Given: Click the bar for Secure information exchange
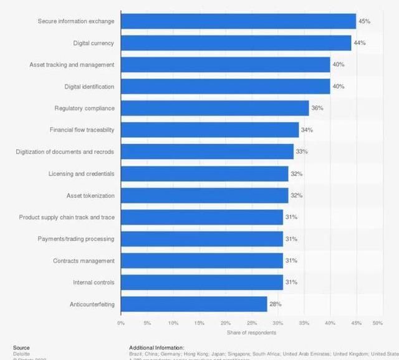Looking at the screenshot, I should coord(238,21).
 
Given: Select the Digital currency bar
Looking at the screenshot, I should coord(236,43).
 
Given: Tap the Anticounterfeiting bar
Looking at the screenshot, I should coord(194,304).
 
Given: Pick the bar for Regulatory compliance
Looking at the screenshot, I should coord(214,108).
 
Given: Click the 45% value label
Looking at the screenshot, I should coord(364,21).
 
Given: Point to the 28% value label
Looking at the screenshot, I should coord(275,304).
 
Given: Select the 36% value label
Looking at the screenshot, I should coord(317,108).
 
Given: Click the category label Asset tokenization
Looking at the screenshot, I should coord(90,195).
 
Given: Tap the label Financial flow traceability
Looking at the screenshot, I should coord(82,130).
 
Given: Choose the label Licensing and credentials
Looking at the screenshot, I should coord(81,173).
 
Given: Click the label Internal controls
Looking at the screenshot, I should coord(94,283).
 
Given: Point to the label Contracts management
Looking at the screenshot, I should coord(84,261).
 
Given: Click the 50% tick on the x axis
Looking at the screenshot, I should coord(378,323).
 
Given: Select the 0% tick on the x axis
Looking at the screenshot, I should coord(121,323).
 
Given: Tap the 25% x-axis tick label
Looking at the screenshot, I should coord(249,323).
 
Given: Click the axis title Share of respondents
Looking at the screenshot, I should coord(249,333).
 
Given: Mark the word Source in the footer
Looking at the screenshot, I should coord(21,348).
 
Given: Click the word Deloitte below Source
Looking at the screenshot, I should coord(22,354).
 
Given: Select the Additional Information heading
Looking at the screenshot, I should coord(156,348).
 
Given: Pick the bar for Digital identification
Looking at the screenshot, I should coord(225,86).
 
